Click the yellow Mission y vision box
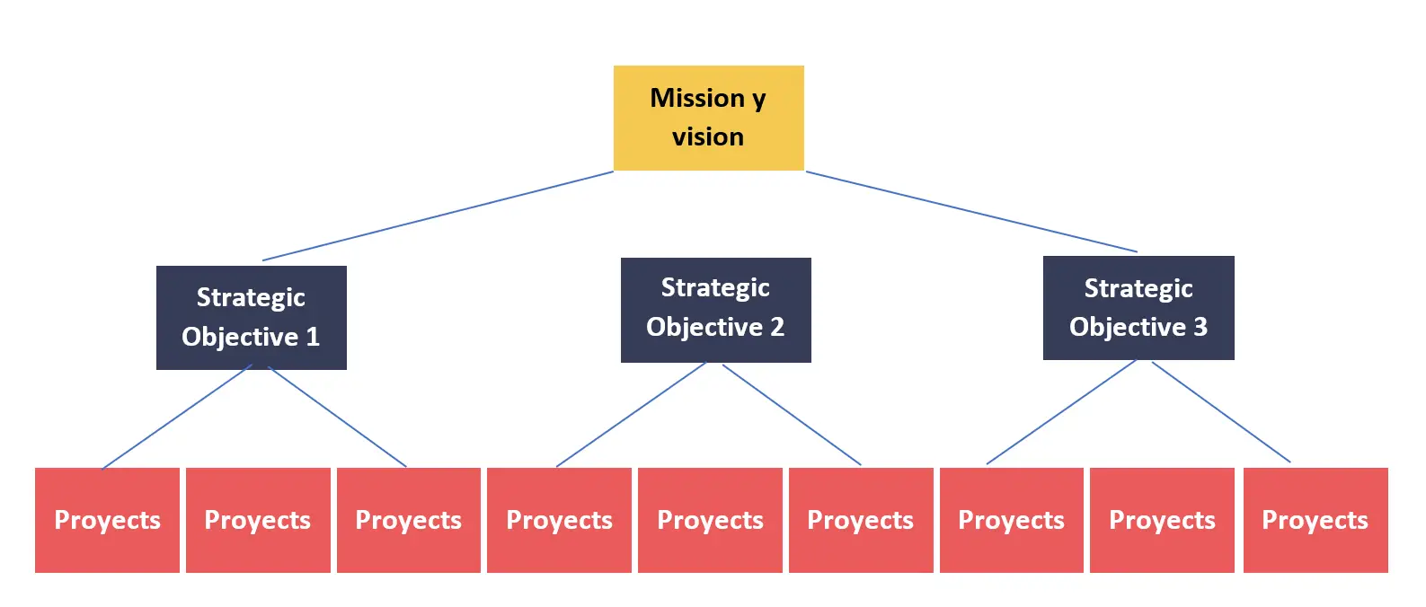708,118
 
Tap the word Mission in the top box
697,97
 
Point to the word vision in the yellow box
708,136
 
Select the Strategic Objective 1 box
251,317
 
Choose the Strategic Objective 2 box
715,310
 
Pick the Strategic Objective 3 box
1138,308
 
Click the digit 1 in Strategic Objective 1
313,337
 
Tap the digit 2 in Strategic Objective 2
777,327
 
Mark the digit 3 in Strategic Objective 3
1200,327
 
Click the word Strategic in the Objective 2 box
715,287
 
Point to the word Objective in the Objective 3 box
1127,327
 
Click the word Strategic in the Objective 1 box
251,297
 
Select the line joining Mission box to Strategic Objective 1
438,216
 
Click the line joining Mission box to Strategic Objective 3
970,212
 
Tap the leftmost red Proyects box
107,520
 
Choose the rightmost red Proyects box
1315,520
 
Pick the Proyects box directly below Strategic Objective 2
710,520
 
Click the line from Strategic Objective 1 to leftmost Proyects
176,418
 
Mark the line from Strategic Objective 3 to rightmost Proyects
1221,412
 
